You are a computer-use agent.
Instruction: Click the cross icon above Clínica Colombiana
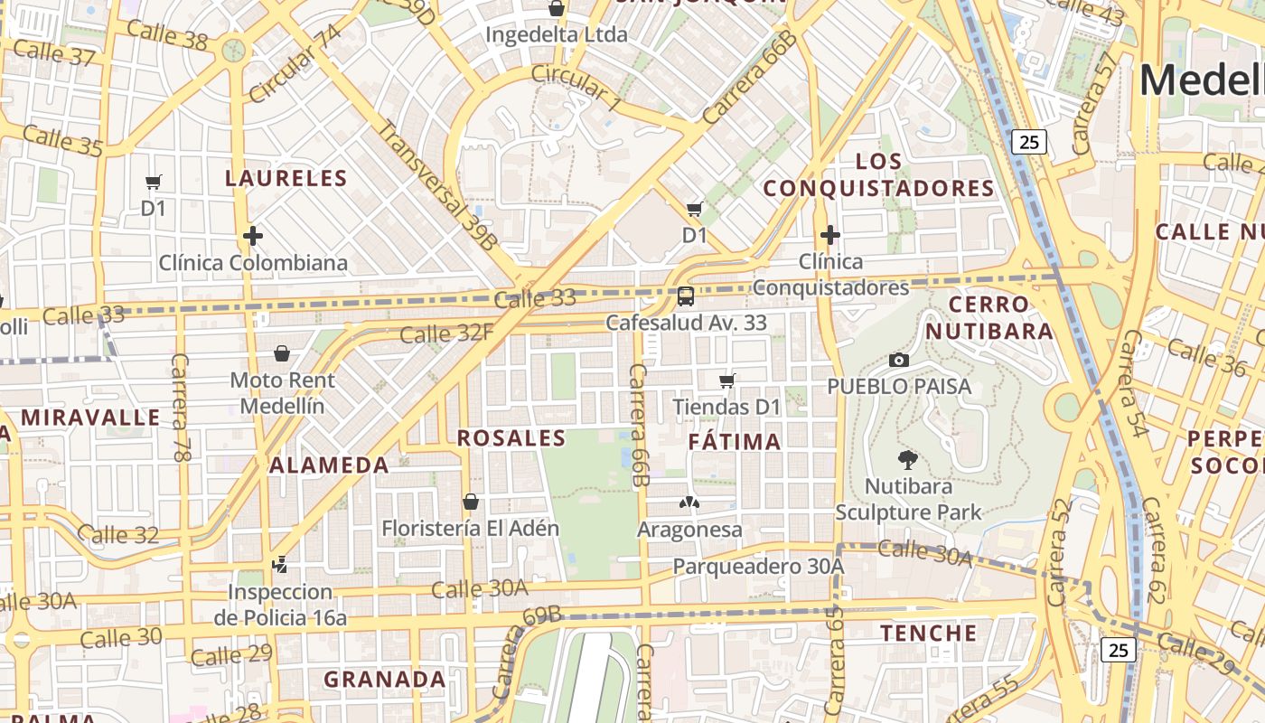(x=253, y=237)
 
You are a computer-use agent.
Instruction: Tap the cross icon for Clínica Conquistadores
(x=830, y=236)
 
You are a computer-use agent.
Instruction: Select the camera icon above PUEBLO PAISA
(x=898, y=360)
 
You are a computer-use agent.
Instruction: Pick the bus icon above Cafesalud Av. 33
(x=686, y=296)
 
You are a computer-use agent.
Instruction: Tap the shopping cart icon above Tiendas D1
(x=727, y=380)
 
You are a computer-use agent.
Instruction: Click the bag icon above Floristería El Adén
(x=470, y=502)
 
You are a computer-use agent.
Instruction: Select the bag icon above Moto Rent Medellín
(x=282, y=353)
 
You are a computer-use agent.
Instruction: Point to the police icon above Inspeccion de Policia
(x=280, y=565)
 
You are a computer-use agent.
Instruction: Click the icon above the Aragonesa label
(x=689, y=502)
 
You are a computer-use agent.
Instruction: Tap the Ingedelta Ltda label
(x=556, y=35)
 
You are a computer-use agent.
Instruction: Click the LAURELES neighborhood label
(x=286, y=178)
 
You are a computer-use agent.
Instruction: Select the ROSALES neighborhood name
(x=511, y=438)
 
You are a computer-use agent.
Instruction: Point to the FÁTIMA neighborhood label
(x=735, y=442)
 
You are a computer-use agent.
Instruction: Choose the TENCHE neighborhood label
(x=929, y=633)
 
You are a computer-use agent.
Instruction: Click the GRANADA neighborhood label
(x=385, y=679)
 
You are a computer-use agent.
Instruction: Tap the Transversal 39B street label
(x=436, y=184)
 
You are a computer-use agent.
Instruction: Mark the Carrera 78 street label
(x=181, y=408)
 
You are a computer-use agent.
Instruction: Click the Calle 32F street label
(x=446, y=333)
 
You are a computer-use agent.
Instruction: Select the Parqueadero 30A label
(x=758, y=567)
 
